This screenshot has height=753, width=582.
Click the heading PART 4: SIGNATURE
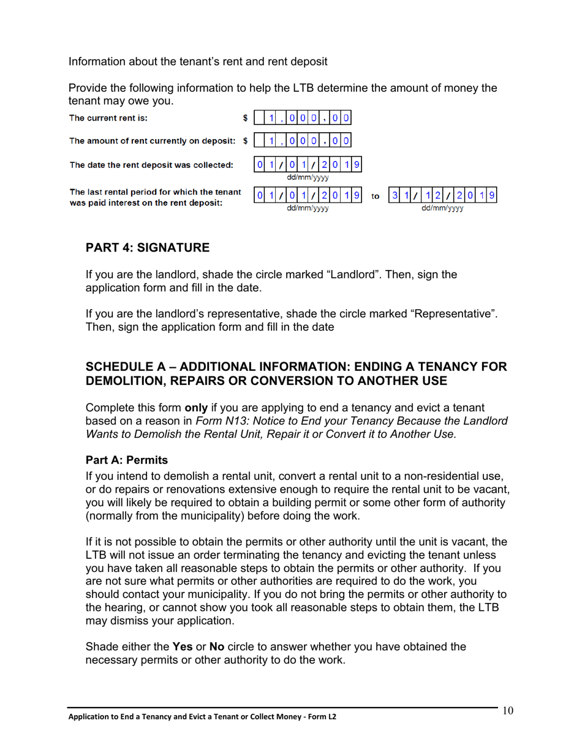pos(147,248)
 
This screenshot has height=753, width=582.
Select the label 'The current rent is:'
pos(108,118)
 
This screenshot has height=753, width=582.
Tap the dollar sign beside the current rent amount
pos(246,118)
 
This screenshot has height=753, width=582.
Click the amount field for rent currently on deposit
pos(302,141)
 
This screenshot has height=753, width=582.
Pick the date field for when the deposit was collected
pos(308,164)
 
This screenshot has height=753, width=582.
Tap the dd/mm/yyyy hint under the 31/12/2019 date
pos(442,208)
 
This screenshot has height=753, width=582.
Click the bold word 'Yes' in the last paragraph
pos(183,646)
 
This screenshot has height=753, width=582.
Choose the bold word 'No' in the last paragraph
pos(217,646)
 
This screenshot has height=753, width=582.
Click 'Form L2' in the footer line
pos(323,717)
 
